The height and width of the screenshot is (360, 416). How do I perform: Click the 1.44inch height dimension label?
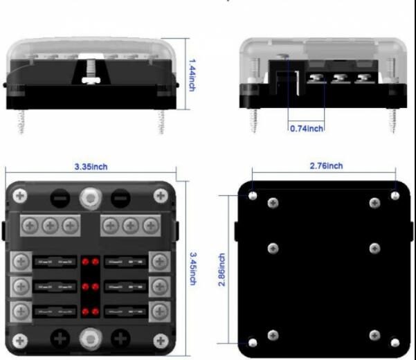(x=192, y=75)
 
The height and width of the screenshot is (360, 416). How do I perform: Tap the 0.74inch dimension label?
(x=307, y=129)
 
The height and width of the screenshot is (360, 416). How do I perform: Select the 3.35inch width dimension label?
(x=91, y=167)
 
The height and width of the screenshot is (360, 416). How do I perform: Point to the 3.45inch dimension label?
(x=193, y=269)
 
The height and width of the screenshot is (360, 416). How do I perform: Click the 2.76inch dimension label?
(x=326, y=166)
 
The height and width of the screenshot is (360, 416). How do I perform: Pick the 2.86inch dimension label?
(x=221, y=270)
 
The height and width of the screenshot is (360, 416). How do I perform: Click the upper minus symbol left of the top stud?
(x=60, y=198)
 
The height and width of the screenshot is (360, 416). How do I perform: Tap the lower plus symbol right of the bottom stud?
(x=120, y=339)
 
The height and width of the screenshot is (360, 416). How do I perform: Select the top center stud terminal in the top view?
(x=91, y=198)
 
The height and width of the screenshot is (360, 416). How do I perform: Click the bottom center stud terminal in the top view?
(x=91, y=339)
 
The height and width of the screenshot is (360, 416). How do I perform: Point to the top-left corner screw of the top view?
(x=20, y=196)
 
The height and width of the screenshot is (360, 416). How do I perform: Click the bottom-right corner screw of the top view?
(x=161, y=341)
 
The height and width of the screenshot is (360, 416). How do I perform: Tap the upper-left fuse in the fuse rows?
(x=55, y=262)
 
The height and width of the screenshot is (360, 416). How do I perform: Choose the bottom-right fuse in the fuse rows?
(x=126, y=312)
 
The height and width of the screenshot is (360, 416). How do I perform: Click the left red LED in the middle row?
(x=85, y=287)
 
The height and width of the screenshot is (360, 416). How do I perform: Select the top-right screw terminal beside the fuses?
(x=159, y=262)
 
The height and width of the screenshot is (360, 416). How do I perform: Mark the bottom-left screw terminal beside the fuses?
(x=21, y=312)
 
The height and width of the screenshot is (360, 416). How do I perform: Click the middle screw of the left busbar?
(x=50, y=226)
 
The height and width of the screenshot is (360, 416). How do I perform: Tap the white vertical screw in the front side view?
(x=91, y=71)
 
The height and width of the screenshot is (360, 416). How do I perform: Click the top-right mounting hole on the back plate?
(x=395, y=196)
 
